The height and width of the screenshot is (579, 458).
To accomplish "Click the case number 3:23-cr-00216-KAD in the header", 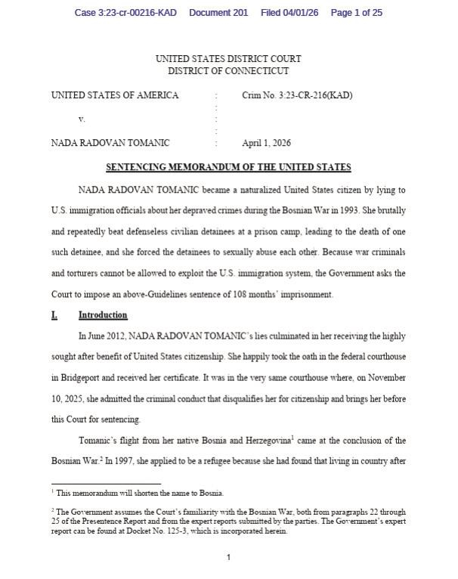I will [x=125, y=13].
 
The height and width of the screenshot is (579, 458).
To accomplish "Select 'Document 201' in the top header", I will [x=218, y=13].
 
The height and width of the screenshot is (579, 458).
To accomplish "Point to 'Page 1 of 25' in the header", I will [x=357, y=13].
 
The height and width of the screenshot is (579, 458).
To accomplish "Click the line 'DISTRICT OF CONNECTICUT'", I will [x=228, y=71].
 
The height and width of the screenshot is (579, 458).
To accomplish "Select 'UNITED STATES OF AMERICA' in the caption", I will [x=115, y=95].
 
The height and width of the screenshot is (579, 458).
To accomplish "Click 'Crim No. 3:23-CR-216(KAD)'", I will [x=297, y=95].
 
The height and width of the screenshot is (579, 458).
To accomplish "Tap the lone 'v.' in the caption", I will [x=82, y=119].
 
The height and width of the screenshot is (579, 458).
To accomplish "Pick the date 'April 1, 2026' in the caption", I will [x=266, y=143].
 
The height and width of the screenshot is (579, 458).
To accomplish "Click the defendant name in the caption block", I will [x=110, y=143].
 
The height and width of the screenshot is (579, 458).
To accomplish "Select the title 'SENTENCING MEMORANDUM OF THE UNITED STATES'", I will [x=228, y=167].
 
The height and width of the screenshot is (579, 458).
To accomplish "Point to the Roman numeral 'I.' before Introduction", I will [x=54, y=315].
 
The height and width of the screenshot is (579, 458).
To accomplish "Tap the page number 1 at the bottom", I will [x=228, y=558].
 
